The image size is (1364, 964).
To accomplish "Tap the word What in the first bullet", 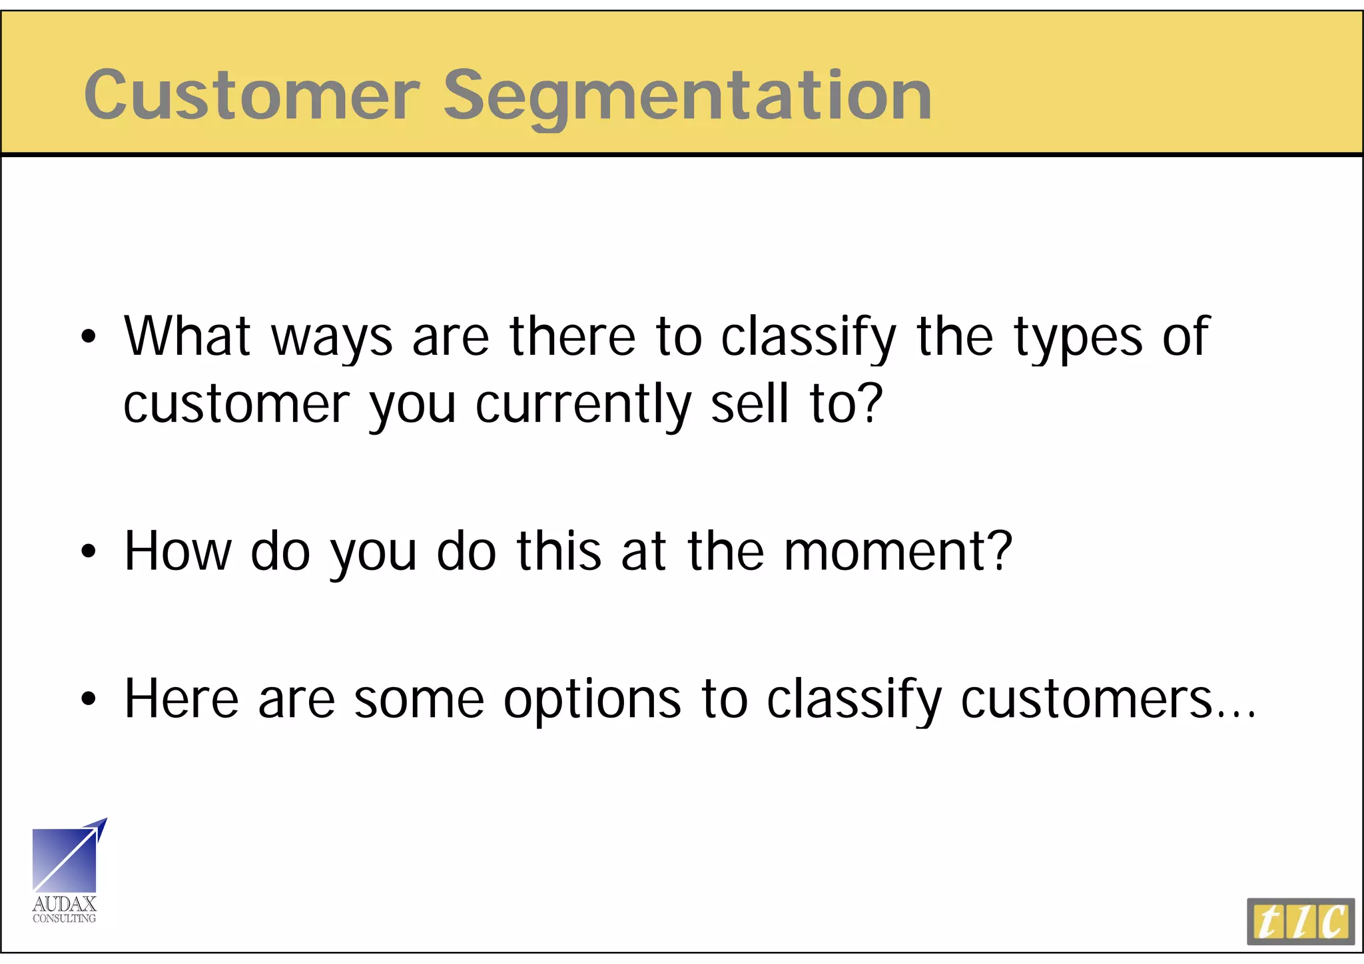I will click(x=187, y=337).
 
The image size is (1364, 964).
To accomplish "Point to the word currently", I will click(x=583, y=405).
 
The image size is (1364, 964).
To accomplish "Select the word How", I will click(x=177, y=551).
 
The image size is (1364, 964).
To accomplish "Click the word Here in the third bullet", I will click(x=181, y=699).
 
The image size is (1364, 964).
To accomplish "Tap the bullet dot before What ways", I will click(x=89, y=338).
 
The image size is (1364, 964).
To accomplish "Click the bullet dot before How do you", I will click(x=89, y=552).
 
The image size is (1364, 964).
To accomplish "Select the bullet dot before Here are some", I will click(x=89, y=700).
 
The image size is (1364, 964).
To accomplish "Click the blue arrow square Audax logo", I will click(x=67, y=857).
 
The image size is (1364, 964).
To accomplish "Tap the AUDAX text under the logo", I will click(x=65, y=903).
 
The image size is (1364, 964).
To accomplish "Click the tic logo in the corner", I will click(x=1300, y=921).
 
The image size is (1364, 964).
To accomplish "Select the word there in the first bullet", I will click(x=573, y=337).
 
